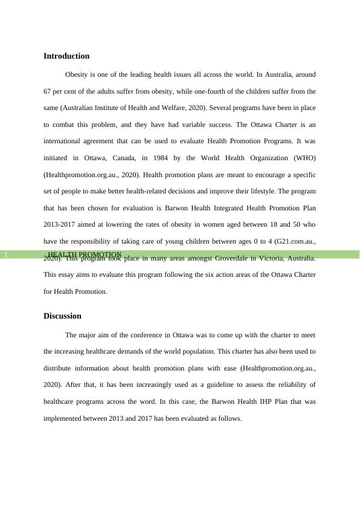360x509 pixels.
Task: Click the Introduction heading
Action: [x=66, y=56]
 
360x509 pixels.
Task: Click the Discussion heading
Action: [x=62, y=316]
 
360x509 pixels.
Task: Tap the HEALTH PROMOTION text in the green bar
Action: [x=85, y=254]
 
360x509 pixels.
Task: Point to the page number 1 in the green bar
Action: [x=5, y=255]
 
